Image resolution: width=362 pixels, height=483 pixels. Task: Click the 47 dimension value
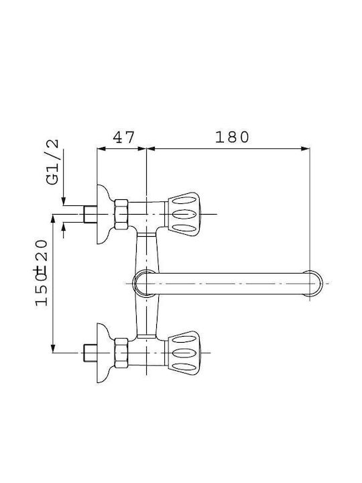[123, 138]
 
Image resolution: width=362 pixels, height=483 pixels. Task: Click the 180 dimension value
[232, 137]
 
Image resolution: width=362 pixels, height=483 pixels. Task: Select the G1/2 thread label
[52, 162]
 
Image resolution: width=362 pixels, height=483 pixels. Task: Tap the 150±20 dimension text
[42, 272]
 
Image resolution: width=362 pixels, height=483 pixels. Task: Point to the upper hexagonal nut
[121, 214]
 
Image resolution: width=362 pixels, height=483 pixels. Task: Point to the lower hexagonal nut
[121, 353]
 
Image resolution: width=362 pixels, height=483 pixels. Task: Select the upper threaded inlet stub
[90, 214]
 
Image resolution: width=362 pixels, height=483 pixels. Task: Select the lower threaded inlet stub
[90, 353]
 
